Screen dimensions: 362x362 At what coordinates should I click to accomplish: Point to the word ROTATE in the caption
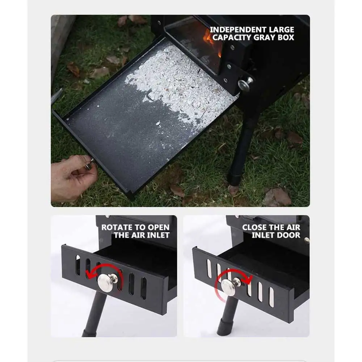point(115,228)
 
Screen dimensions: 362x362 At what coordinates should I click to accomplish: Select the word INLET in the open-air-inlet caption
point(157,235)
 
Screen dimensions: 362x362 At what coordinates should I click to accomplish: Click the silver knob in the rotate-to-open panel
point(106,282)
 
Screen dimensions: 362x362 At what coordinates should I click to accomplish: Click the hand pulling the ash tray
point(72,177)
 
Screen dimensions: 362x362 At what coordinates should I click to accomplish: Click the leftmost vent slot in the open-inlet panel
point(78,265)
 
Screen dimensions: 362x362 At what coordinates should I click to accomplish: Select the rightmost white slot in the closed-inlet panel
point(271,297)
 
